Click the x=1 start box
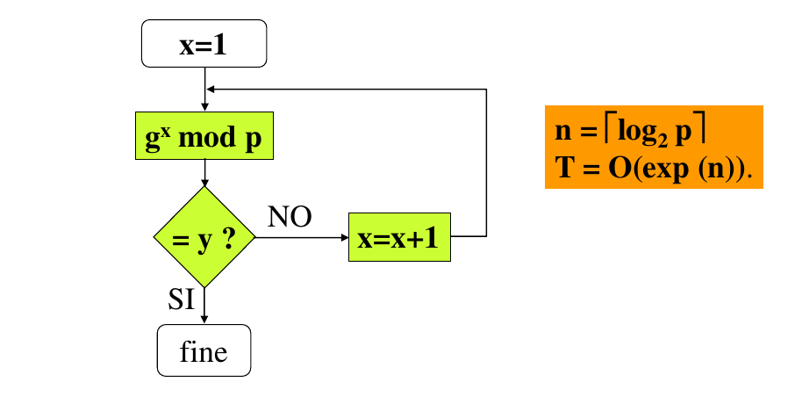[204, 44]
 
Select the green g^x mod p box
[204, 136]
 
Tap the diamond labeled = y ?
[204, 237]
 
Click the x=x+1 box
[400, 237]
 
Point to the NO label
[290, 217]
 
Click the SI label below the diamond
[181, 299]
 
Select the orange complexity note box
[654, 147]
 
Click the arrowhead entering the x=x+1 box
[344, 237]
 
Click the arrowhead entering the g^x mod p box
[204, 108]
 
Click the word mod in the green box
[209, 139]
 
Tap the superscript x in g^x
[165, 129]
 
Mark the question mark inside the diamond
[229, 238]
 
